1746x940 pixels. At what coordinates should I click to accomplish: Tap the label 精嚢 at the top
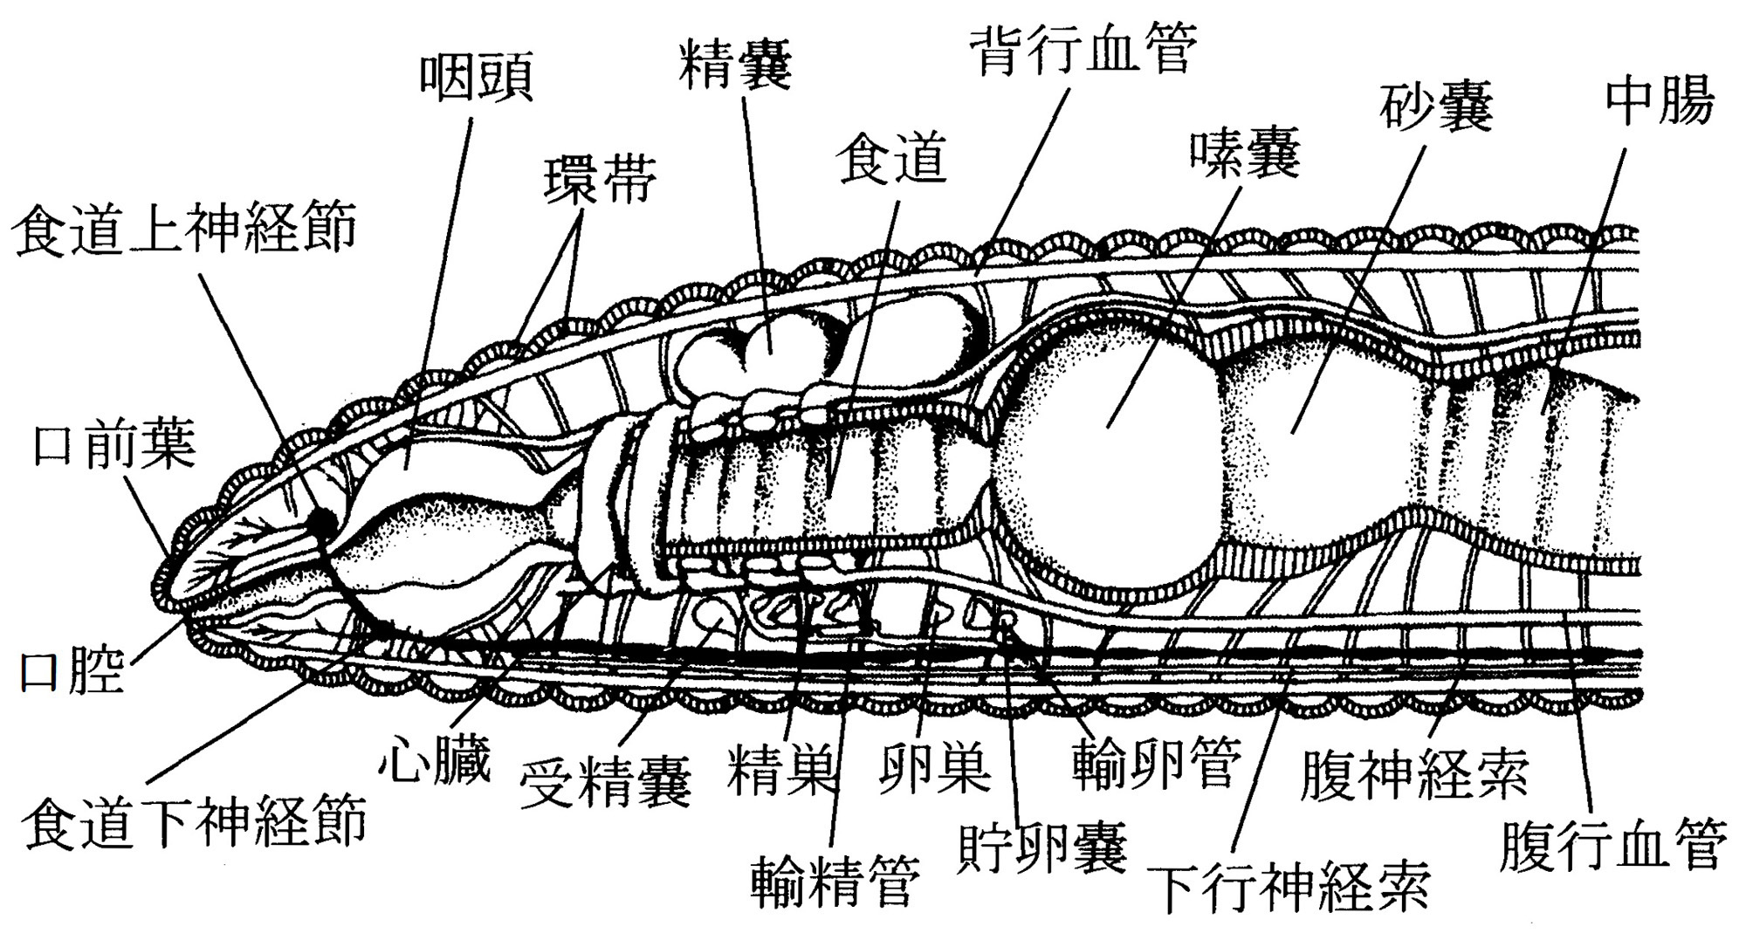pyautogui.click(x=735, y=65)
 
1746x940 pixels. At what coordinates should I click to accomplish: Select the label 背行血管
pyautogui.click(x=1085, y=50)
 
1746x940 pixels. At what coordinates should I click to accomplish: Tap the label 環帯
pyautogui.click(x=600, y=181)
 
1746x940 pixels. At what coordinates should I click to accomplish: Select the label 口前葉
pyautogui.click(x=113, y=445)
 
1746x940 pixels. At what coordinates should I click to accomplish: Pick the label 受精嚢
pyautogui.click(x=605, y=782)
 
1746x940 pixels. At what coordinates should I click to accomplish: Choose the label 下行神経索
pyautogui.click(x=1289, y=887)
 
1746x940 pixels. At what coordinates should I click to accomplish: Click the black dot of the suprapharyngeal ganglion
pyautogui.click(x=322, y=523)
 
